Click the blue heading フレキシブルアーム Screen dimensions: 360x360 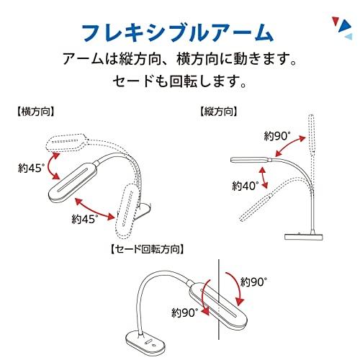(178, 32)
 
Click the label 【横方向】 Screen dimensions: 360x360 (35, 112)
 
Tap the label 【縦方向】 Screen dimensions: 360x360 (218, 112)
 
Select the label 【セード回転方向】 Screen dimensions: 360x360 (147, 250)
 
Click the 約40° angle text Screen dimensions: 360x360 (246, 186)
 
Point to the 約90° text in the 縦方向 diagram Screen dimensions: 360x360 (277, 136)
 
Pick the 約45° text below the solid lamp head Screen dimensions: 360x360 (85, 219)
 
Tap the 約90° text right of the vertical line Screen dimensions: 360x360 (253, 282)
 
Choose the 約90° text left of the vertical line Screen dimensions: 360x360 (185, 312)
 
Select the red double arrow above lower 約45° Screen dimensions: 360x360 (95, 209)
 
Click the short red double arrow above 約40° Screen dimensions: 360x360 (264, 178)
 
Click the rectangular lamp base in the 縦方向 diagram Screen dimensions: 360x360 (304, 236)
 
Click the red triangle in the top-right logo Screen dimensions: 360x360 (336, 22)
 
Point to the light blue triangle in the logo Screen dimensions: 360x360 (349, 37)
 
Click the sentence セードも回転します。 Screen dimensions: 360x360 (179, 81)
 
